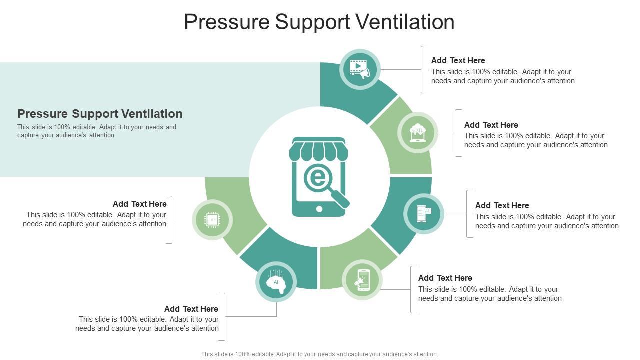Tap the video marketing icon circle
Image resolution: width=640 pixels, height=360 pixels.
(360, 69)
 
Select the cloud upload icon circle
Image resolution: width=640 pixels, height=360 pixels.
(418, 133)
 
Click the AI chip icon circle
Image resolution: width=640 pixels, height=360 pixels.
(212, 220)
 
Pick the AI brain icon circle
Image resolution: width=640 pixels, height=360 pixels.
(276, 282)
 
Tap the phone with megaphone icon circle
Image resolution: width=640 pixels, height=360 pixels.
(362, 280)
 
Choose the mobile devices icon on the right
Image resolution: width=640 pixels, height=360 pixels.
(424, 214)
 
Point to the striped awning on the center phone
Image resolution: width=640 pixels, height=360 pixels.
(318, 150)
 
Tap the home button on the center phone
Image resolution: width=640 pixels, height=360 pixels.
(319, 209)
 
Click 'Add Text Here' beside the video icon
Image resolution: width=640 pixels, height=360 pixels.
(458, 61)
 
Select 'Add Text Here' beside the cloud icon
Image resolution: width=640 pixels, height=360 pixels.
(491, 125)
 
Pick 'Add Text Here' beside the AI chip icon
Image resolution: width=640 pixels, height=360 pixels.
(139, 204)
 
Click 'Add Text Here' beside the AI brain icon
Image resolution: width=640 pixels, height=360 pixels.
(191, 309)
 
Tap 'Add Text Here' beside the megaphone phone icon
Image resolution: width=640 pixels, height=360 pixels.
(445, 278)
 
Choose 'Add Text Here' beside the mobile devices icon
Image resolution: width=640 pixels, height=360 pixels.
(502, 206)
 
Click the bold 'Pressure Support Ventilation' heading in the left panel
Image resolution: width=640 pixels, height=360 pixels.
(100, 114)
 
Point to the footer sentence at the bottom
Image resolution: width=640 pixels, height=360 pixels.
(319, 354)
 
